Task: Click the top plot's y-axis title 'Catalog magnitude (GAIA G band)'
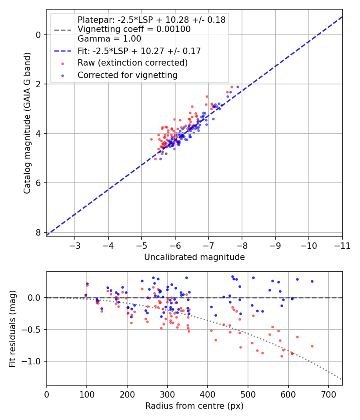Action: coord(27,123)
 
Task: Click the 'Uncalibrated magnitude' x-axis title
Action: coord(194,257)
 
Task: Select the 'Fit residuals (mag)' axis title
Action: coord(12,329)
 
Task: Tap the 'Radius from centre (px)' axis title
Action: coord(194,406)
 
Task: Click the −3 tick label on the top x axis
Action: coord(75,246)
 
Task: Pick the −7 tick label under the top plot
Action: coord(208,246)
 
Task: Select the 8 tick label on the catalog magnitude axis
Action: coord(38,232)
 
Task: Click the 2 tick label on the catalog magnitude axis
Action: coord(38,84)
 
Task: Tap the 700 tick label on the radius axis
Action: coord(328,394)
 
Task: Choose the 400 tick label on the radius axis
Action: coord(208,394)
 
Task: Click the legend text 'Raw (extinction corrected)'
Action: coord(132,63)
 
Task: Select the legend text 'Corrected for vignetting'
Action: coord(128,75)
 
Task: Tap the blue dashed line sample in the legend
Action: coord(62,51)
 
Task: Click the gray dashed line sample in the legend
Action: coord(62,30)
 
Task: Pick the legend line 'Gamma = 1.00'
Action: coord(109,38)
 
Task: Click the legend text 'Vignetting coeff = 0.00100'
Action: coord(134,29)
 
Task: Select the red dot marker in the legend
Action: coord(62,64)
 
